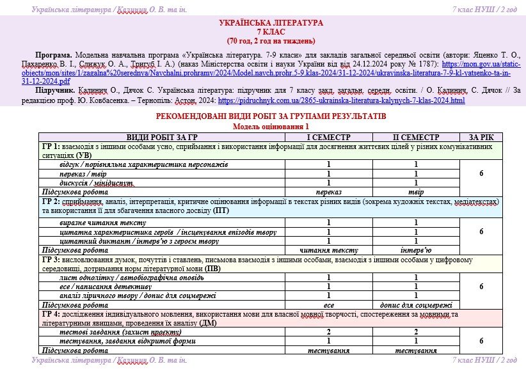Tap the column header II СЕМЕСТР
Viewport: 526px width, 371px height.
tap(415, 138)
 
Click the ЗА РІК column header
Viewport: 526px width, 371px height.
tap(481, 138)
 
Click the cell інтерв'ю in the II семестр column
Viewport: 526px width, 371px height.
tap(415, 250)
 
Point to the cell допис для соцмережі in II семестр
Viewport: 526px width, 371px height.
tap(415, 305)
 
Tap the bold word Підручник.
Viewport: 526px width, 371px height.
tap(56, 91)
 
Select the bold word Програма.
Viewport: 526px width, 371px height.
tap(54, 56)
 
